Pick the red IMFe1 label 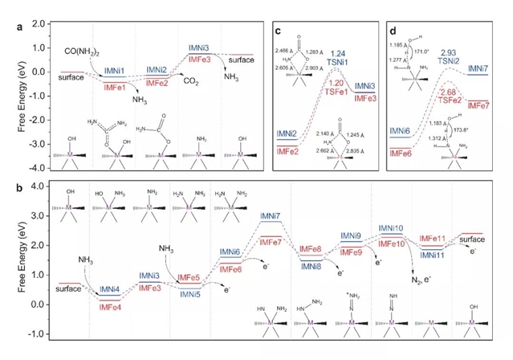click(x=112, y=84)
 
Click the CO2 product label click(x=191, y=81)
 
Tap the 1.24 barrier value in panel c click(x=339, y=52)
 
